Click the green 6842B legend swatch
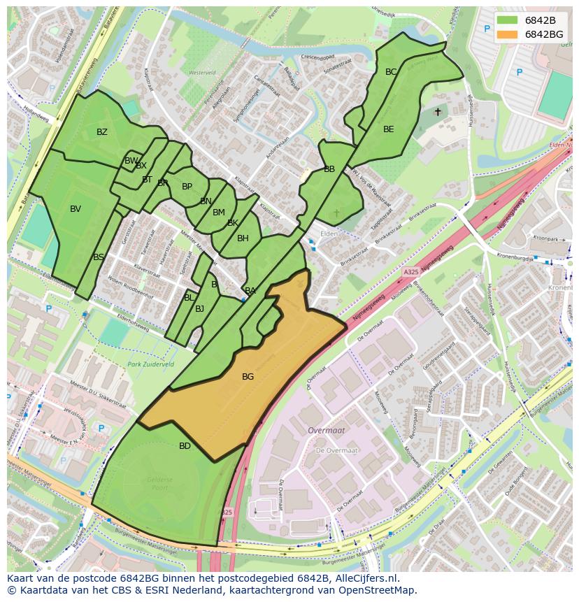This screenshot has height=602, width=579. (508, 20)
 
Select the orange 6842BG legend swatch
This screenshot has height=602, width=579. (508, 34)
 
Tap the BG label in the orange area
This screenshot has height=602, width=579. (248, 377)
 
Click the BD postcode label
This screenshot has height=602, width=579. (185, 446)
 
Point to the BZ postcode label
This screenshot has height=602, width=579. (102, 132)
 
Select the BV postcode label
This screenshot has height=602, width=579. (76, 209)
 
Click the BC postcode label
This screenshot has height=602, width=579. (391, 72)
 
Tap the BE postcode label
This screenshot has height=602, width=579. (389, 129)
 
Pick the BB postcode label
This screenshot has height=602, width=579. (329, 169)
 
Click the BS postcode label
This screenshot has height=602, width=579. (99, 257)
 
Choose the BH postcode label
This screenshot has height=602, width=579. (243, 238)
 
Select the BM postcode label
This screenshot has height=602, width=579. (219, 213)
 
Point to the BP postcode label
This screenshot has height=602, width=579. (187, 187)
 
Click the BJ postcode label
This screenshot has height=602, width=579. (200, 309)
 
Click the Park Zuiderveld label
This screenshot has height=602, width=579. (151, 364)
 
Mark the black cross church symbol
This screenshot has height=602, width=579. (438, 111)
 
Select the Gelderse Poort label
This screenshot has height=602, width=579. (160, 484)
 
